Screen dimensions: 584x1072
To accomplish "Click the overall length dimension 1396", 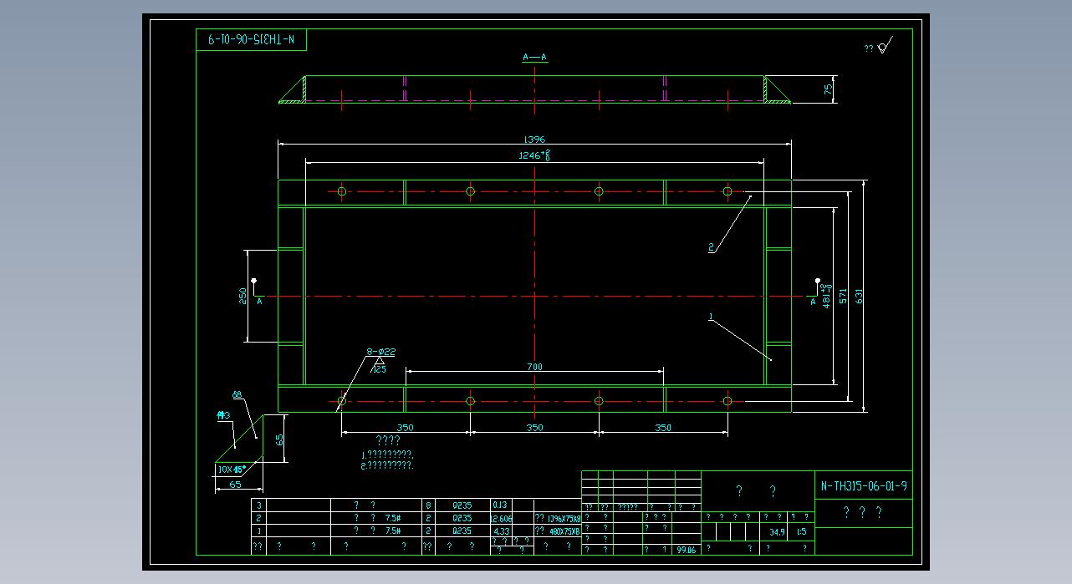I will point(533,140).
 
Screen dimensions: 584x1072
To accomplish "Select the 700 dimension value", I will point(534,367).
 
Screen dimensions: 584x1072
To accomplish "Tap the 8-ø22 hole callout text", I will point(380,352).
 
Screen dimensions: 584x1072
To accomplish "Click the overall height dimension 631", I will point(858,296).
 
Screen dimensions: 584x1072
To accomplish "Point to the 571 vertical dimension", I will point(843,296).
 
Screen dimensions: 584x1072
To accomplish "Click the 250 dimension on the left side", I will point(242,296).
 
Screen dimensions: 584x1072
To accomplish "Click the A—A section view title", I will point(534,57).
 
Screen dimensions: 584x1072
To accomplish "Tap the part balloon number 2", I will point(711,247).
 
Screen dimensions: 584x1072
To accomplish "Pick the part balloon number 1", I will point(710,317).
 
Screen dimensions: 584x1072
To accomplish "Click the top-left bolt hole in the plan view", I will point(342,191).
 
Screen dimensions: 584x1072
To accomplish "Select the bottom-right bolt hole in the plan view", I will point(727,401).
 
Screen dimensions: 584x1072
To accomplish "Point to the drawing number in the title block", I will point(863,486).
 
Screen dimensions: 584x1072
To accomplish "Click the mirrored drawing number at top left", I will point(252,39).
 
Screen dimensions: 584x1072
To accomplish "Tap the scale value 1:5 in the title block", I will point(801,531).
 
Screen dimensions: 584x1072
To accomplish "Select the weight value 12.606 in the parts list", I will point(501,518).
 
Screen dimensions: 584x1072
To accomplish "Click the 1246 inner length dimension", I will point(534,155).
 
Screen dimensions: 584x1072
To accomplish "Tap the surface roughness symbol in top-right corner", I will point(885,45).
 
